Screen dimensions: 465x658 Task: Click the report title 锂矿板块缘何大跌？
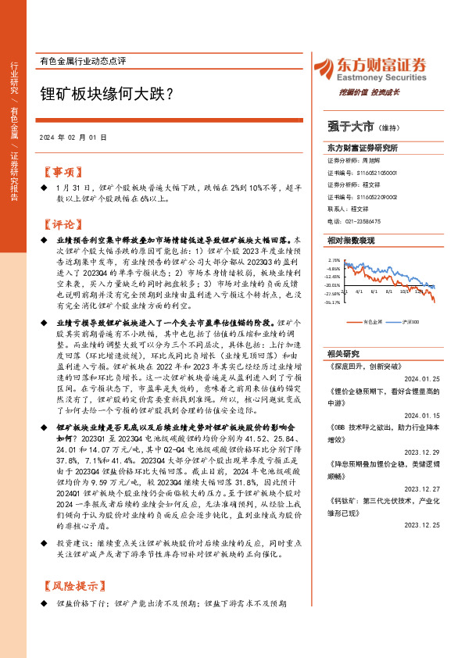(107, 91)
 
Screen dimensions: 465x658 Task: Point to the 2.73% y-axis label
(334, 259)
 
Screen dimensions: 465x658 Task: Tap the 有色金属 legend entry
(374, 321)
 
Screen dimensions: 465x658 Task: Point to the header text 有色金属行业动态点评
(82, 60)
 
